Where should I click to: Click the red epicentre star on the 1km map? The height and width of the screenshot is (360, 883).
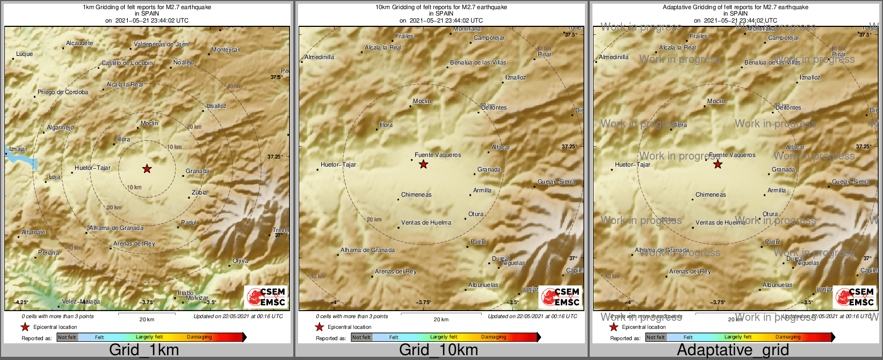(147, 169)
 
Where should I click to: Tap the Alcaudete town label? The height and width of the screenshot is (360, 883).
(79, 44)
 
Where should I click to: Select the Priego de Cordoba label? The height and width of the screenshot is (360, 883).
(63, 92)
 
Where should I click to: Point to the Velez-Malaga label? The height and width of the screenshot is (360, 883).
(81, 302)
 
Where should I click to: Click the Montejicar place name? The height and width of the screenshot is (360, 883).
(226, 50)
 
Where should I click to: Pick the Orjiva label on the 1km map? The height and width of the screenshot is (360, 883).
(240, 261)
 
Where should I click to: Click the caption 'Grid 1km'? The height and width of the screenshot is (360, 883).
(144, 350)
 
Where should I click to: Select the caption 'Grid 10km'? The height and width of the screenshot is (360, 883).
(438, 350)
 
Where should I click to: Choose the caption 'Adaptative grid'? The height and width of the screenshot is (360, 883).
(733, 350)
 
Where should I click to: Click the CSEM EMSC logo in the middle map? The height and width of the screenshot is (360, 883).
(560, 297)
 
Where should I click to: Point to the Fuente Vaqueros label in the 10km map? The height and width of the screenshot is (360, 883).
(438, 155)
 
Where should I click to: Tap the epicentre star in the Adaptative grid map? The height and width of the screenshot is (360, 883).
(718, 164)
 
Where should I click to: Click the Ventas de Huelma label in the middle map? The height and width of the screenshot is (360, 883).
(426, 222)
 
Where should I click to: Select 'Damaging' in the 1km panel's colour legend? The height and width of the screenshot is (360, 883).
(199, 337)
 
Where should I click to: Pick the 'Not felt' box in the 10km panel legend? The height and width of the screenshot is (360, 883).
(361, 337)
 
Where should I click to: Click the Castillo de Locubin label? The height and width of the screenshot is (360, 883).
(127, 63)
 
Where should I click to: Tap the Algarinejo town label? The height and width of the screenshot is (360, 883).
(60, 128)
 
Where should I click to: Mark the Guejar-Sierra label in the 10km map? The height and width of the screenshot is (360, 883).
(556, 182)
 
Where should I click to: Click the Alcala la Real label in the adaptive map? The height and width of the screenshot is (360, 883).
(677, 48)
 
